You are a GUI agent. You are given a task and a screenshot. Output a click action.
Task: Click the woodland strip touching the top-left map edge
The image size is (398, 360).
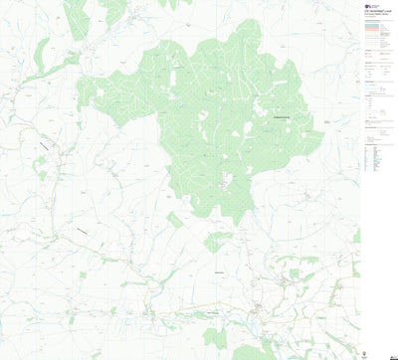click(x=76, y=18)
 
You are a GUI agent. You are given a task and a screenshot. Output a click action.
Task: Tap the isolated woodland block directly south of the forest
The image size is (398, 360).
click(x=217, y=241)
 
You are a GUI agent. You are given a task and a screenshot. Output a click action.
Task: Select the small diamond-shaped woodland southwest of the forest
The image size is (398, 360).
click(x=175, y=219)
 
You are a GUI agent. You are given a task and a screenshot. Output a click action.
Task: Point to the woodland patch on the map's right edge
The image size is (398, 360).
click(x=356, y=236)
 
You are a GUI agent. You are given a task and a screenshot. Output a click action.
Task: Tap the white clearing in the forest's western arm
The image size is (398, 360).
click(x=110, y=90)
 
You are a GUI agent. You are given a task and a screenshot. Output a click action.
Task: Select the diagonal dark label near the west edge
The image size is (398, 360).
click(x=44, y=146)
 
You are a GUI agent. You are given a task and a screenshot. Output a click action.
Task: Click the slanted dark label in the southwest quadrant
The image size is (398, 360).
click(x=80, y=231)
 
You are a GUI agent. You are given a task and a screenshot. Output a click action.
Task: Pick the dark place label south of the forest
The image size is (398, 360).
click(x=218, y=270)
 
